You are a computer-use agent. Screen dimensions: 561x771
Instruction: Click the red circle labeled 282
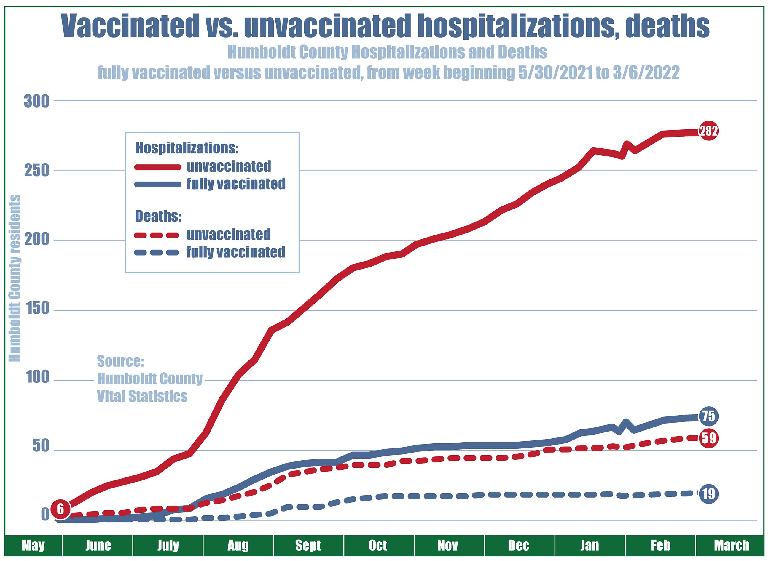pos(708,130)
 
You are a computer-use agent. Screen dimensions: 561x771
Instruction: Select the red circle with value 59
pos(708,438)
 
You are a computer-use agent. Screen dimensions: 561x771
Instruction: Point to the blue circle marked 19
pos(708,493)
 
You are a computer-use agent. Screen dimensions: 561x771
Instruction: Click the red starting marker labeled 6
pos(60,509)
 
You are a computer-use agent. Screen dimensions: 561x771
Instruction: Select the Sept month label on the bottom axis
pos(308,545)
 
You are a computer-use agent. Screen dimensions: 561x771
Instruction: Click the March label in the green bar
pos(732,545)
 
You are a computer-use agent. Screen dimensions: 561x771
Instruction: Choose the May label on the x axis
pos(33,545)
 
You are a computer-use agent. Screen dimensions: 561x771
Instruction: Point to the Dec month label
pos(518,545)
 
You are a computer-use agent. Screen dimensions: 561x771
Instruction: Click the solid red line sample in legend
pos(157,167)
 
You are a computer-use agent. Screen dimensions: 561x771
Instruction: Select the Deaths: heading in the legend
pos(158,216)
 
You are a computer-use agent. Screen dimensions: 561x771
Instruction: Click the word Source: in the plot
pos(120,361)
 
